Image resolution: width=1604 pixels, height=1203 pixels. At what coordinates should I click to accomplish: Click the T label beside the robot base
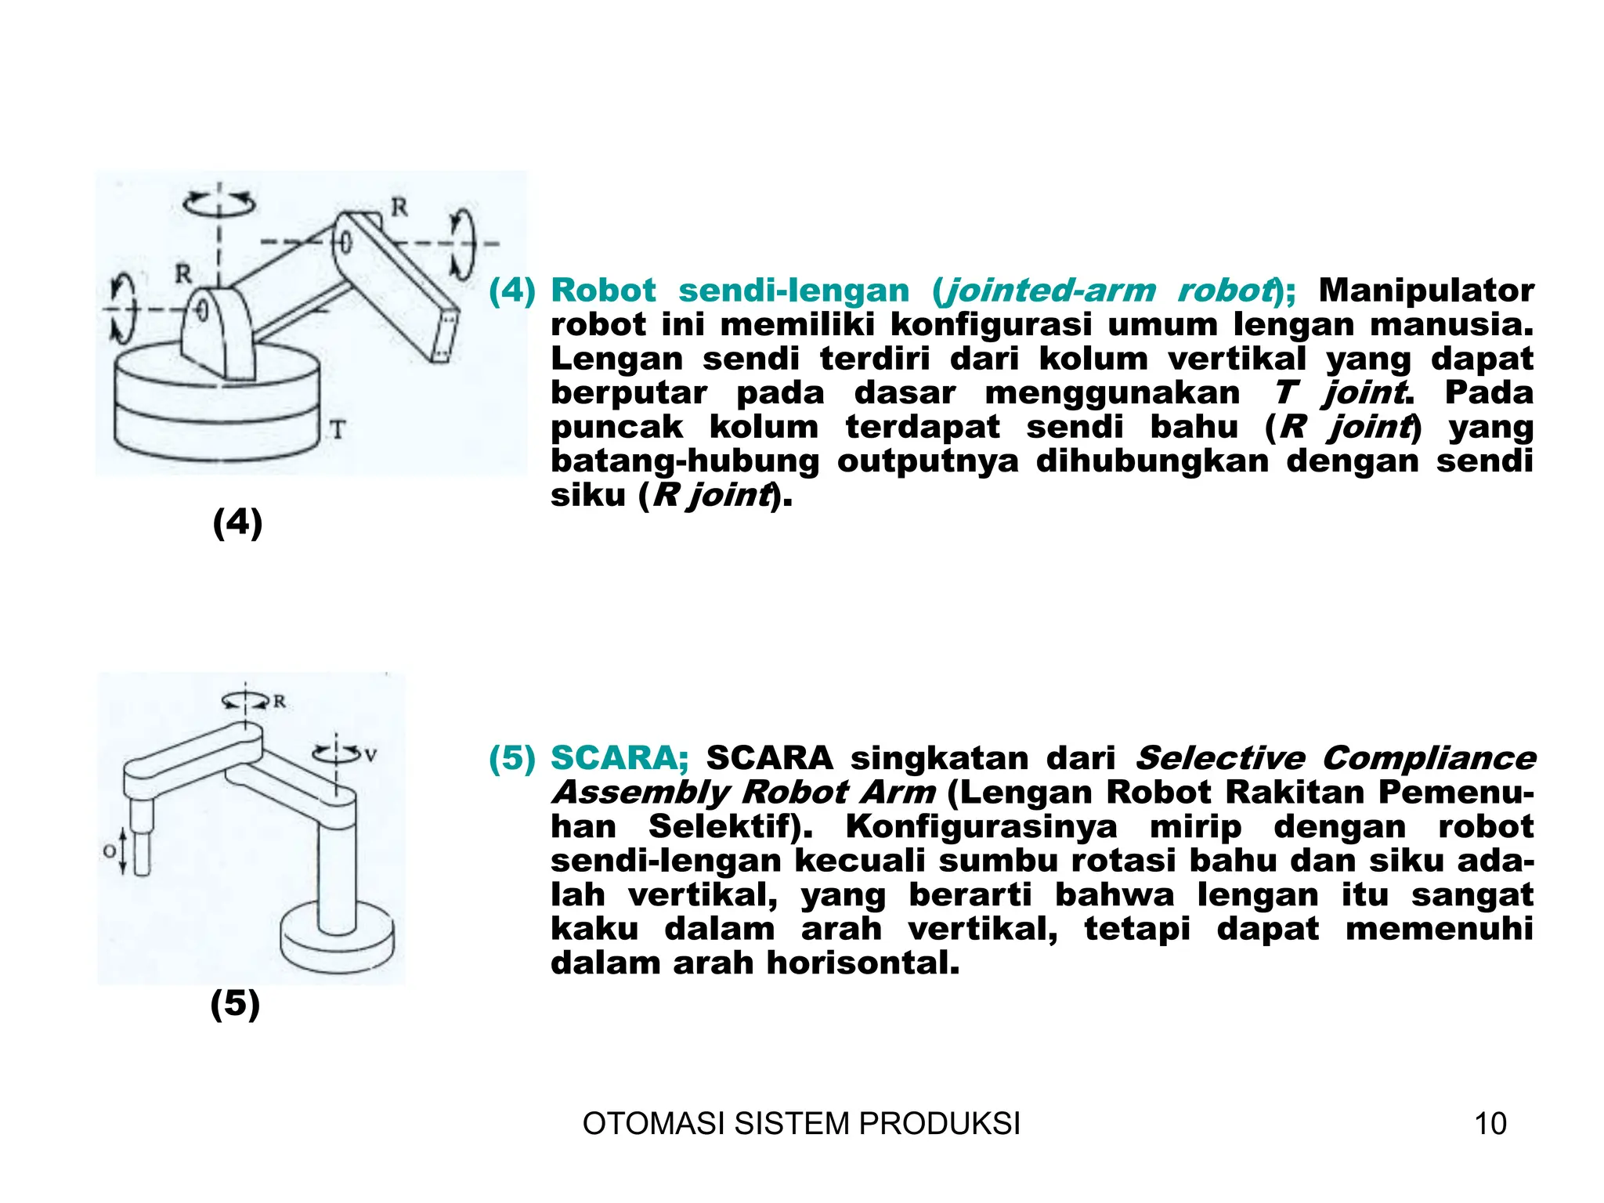[337, 430]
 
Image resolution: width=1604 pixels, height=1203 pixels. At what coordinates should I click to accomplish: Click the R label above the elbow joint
[399, 208]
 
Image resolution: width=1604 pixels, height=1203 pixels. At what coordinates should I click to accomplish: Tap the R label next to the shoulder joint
[182, 274]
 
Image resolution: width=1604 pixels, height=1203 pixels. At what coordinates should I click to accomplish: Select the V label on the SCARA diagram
[370, 756]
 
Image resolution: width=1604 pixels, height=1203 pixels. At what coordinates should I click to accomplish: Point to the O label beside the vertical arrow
[110, 851]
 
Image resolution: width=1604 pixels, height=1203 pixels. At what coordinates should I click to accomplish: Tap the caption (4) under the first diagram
[237, 522]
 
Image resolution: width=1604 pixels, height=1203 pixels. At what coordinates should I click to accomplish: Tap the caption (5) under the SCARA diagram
[235, 1003]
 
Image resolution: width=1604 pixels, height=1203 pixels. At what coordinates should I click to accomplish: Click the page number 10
[1490, 1124]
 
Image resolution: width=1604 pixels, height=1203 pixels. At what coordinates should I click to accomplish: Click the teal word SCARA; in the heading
[619, 758]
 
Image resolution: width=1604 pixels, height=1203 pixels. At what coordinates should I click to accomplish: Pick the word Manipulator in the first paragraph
[1425, 291]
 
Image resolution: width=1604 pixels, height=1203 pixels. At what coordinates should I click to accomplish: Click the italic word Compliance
[1429, 758]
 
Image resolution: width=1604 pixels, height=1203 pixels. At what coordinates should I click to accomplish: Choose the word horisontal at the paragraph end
[862, 963]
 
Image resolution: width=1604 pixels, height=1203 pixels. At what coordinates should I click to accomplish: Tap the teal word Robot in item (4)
[603, 291]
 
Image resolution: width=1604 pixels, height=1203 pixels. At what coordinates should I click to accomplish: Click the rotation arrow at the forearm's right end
[463, 243]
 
